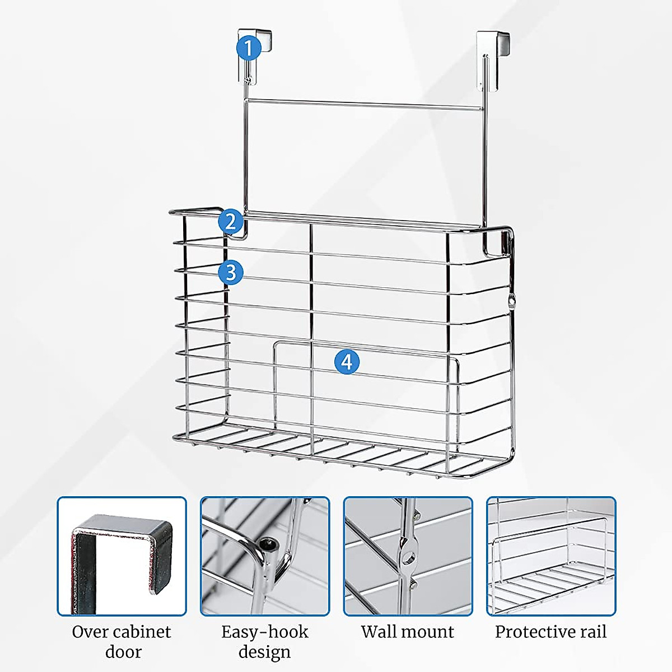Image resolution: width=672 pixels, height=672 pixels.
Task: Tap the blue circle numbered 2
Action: [231, 221]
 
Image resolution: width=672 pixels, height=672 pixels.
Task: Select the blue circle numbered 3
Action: [231, 273]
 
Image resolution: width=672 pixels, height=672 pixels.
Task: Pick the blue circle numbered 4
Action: [347, 361]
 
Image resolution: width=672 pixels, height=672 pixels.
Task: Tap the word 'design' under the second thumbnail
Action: [264, 652]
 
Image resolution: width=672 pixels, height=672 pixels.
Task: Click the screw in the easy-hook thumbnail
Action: [269, 542]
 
